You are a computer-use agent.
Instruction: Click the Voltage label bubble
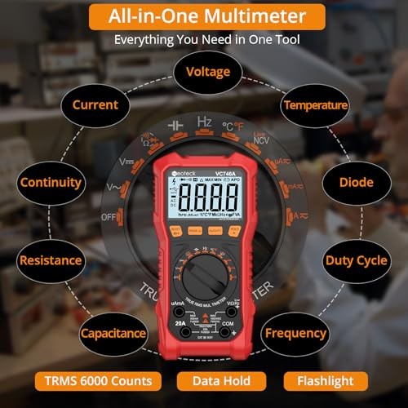pos(207,72)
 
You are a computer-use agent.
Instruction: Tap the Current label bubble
pos(95,104)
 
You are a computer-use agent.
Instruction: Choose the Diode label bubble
pos(357,183)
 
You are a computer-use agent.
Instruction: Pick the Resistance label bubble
pos(51,260)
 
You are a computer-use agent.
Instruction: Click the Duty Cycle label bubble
pos(357,260)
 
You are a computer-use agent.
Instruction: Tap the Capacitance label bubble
pos(113,333)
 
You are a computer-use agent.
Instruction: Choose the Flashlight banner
pos(324,380)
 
